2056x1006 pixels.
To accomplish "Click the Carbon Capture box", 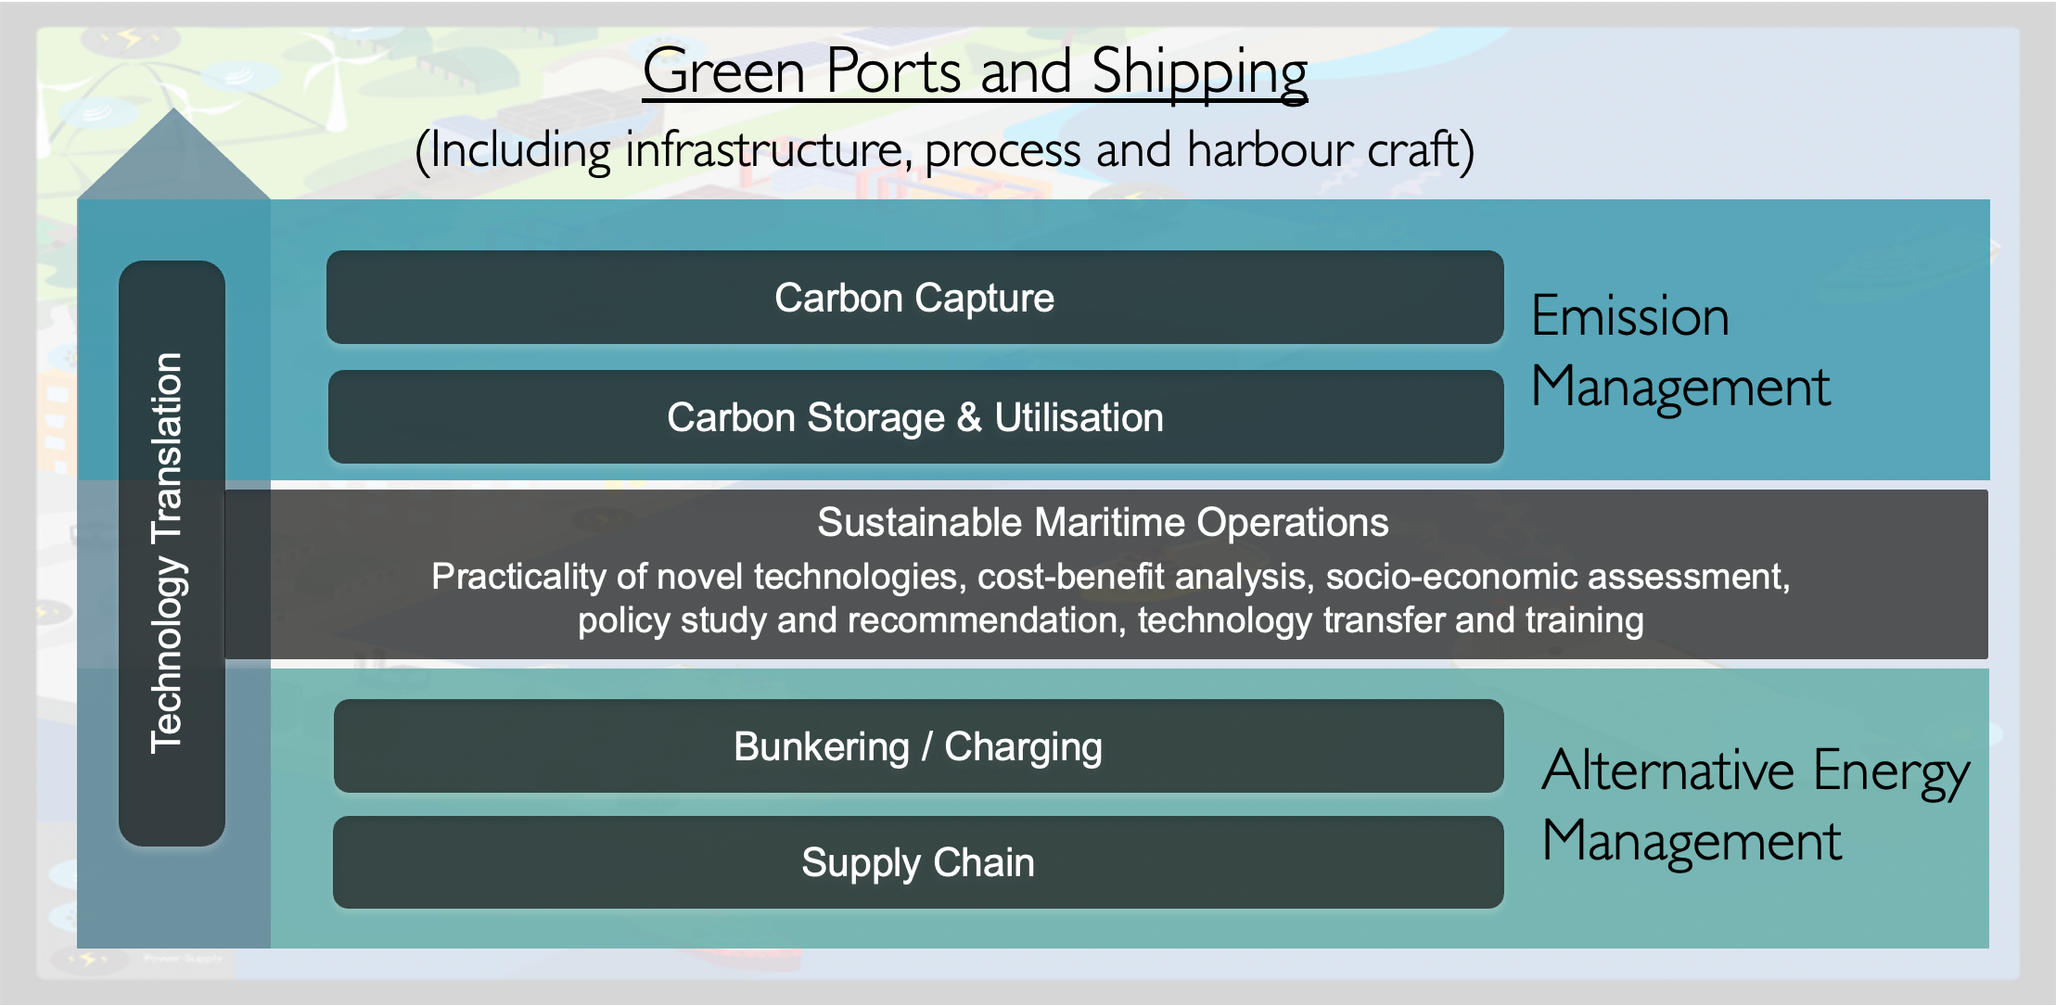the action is (x=914, y=298).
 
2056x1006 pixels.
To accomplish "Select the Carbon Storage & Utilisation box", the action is (x=915, y=417).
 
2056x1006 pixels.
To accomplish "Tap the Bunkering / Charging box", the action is (x=918, y=746).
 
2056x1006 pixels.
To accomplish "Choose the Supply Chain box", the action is (x=918, y=862).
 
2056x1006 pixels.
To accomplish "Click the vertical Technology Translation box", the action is (x=172, y=554).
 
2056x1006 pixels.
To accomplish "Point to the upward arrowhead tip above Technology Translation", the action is (x=173, y=109).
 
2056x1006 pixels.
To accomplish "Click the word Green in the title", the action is (x=724, y=71).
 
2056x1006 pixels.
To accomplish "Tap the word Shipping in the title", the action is (x=1200, y=74).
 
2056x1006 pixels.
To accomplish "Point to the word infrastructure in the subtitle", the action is (x=764, y=149).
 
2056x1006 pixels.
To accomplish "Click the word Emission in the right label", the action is (x=1630, y=317).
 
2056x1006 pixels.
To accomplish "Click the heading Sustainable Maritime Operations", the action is (x=1103, y=522).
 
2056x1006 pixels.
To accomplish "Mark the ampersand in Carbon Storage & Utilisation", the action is (x=970, y=417).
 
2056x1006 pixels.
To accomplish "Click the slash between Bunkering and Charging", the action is (x=926, y=746).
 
